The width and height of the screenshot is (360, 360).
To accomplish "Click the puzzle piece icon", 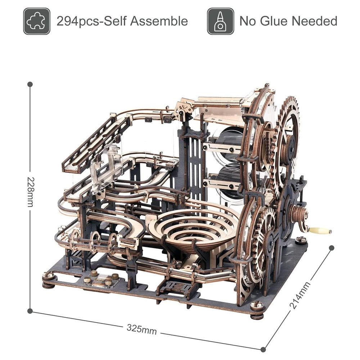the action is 37,21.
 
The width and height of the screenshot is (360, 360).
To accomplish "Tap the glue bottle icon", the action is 220,21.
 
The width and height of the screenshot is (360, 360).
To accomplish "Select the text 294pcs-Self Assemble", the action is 122,21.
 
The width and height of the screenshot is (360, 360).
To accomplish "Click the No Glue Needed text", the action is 288,21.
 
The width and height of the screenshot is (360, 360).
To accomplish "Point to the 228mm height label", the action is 31,192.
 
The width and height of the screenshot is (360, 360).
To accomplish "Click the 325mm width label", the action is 141,329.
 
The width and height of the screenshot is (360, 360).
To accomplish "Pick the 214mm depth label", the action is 300,295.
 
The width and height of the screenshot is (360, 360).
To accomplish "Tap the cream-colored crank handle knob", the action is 320,230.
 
